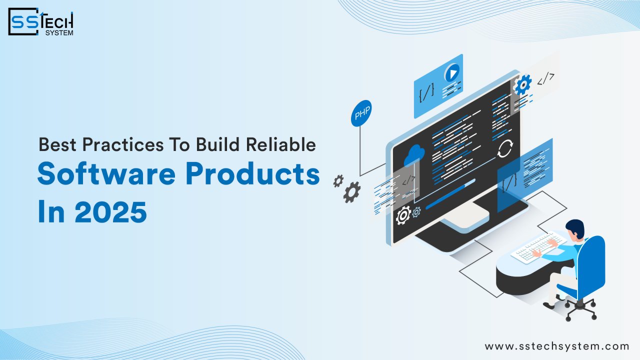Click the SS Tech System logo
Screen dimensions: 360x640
click(41, 21)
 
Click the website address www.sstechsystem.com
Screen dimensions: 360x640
click(556, 346)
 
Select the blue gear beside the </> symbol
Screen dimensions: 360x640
click(522, 84)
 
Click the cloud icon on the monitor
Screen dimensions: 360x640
click(415, 154)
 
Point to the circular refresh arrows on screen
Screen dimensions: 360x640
click(505, 148)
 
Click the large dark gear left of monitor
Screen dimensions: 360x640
click(352, 192)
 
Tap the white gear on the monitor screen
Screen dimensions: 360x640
click(403, 215)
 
